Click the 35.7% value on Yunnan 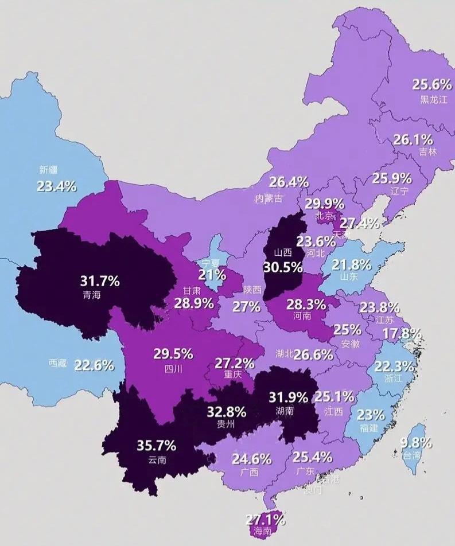point(157,446)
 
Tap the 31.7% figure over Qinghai point(100,281)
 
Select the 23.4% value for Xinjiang point(57,186)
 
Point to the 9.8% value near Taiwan point(413,443)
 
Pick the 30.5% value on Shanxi point(283,267)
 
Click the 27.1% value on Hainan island point(266,520)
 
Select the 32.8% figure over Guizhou point(227,411)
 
